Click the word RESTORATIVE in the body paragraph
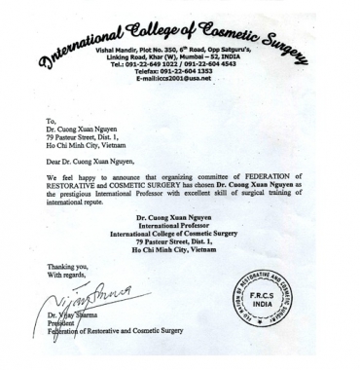coord(72,186)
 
